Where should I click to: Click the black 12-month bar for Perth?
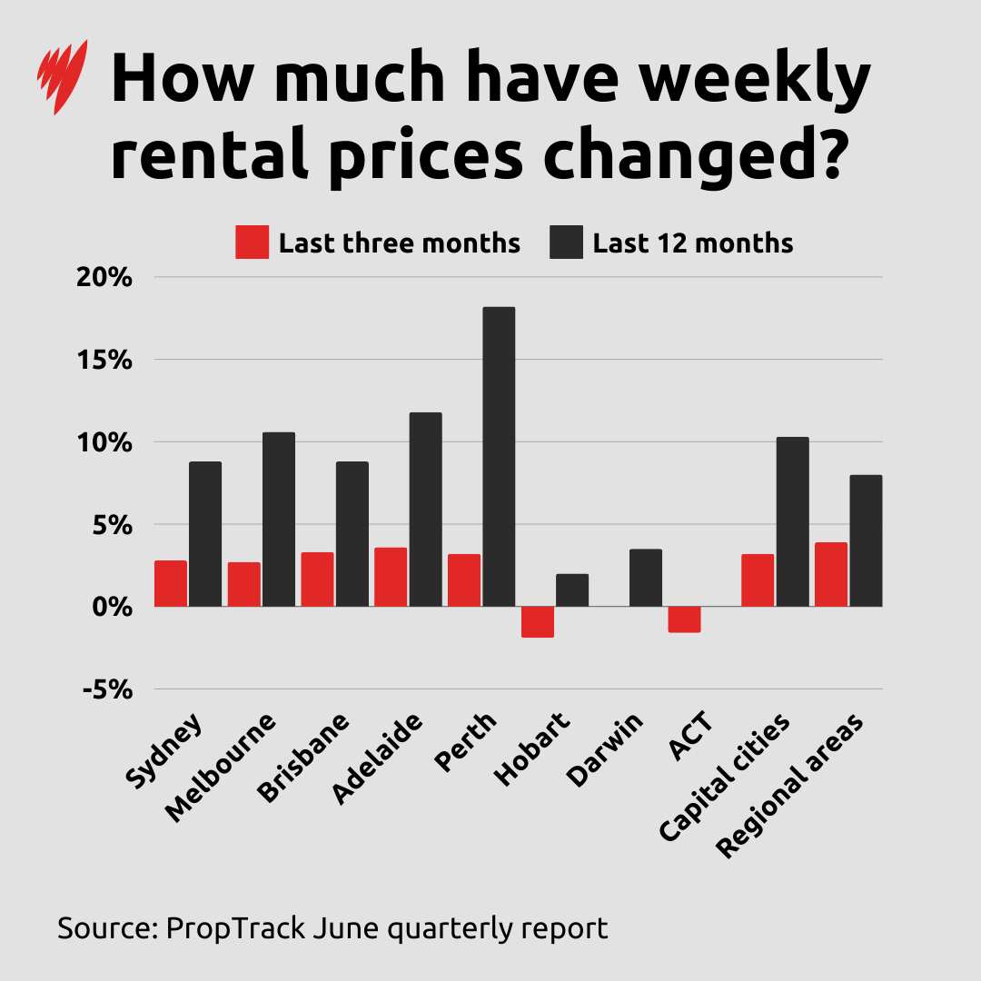(499, 457)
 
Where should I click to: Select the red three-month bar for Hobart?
(538, 622)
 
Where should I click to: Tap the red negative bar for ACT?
(684, 619)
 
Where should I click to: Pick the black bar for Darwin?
(645, 578)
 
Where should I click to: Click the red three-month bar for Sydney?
(171, 583)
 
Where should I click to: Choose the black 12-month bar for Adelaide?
(425, 510)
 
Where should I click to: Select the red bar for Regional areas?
(830, 574)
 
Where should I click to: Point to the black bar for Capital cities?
(792, 521)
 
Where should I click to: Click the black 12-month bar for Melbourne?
(279, 520)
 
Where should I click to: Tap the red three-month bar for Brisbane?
(317, 580)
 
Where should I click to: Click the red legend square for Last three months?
(252, 243)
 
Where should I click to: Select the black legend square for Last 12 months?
(567, 243)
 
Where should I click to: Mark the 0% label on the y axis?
(110, 607)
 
